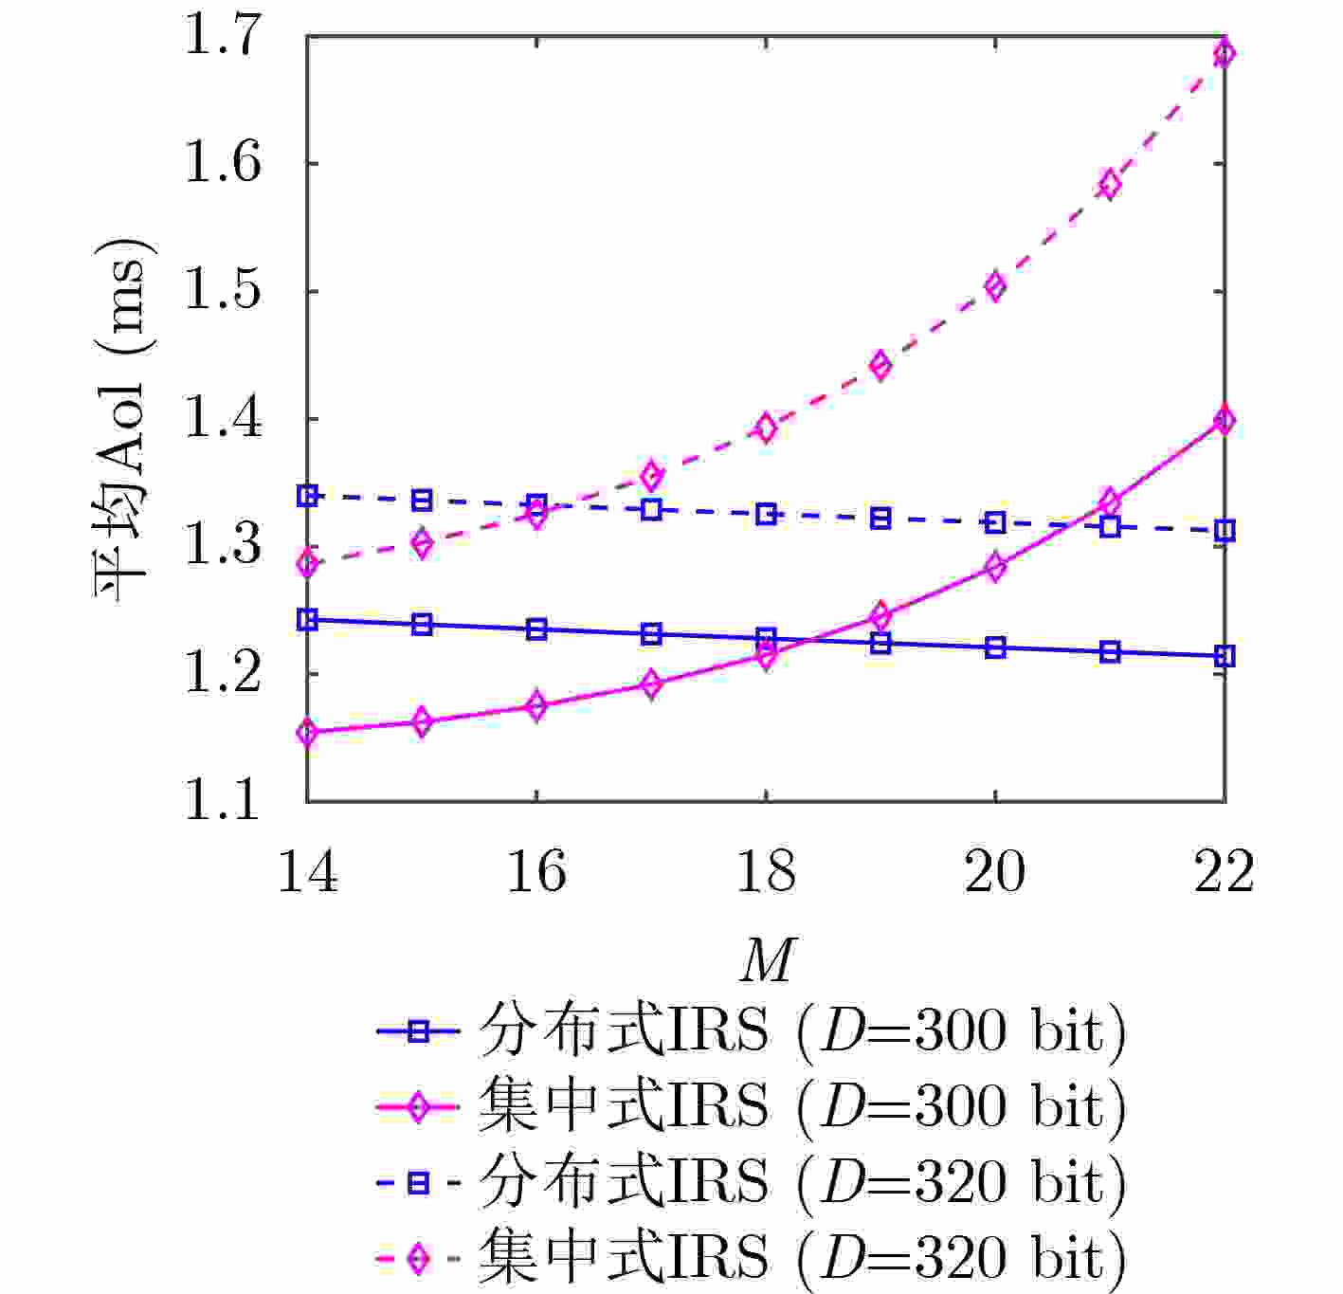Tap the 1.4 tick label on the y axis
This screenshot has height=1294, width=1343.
221,418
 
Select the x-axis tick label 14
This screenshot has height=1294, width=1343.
307,870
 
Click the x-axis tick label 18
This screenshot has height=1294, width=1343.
766,870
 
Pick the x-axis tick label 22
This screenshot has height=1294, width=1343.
1224,870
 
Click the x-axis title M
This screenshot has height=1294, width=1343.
766,962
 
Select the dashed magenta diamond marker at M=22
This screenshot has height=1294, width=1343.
1225,53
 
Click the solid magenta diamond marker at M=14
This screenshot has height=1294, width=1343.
307,732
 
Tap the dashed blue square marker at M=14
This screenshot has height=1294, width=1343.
307,495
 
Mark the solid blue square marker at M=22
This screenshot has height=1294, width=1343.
1225,656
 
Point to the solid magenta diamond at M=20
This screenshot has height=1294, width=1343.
995,567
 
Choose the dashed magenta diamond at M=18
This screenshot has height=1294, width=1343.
766,428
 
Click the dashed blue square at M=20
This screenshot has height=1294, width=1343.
995,522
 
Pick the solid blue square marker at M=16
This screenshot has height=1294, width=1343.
536,629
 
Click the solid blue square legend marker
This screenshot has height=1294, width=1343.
418,1031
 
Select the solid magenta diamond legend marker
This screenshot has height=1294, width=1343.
418,1107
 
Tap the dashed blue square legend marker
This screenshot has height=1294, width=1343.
418,1182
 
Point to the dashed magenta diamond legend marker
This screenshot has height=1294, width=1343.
418,1258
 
